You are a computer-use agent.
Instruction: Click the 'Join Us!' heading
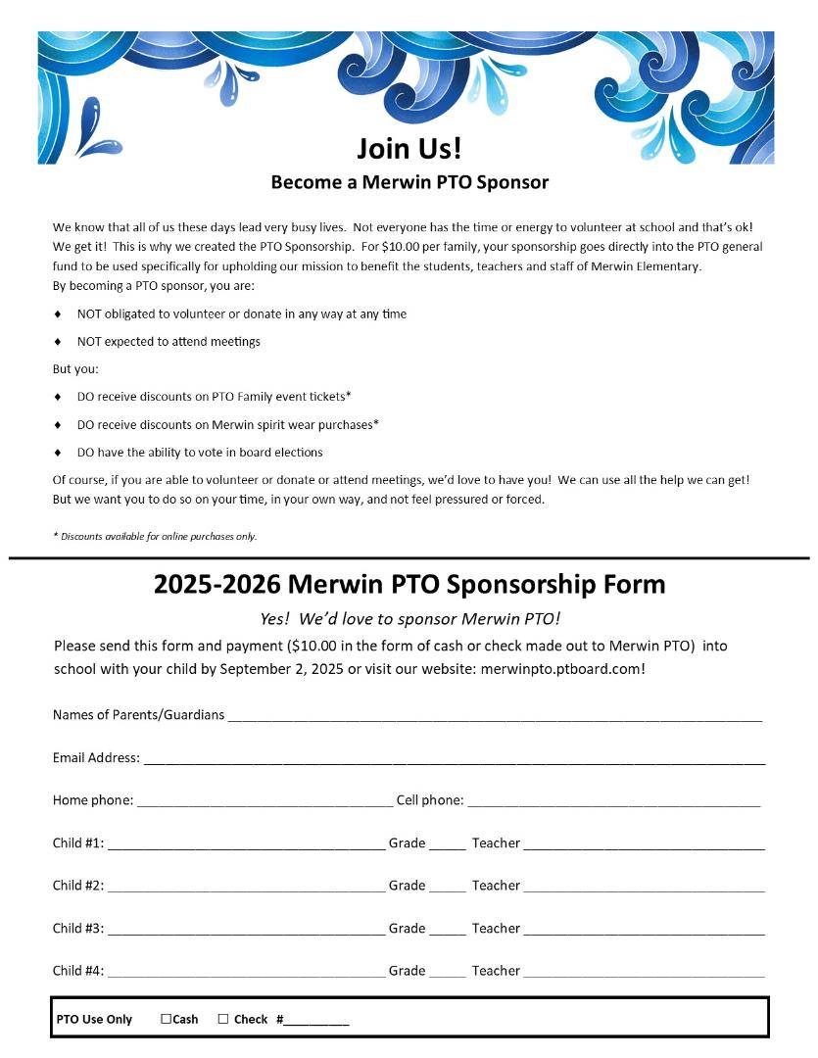(x=409, y=149)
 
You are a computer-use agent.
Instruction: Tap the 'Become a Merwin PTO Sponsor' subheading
(x=409, y=182)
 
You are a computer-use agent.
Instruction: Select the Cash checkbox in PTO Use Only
(x=166, y=1019)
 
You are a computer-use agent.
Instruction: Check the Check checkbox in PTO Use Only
(x=223, y=1019)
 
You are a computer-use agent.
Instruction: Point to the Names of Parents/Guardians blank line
(x=495, y=718)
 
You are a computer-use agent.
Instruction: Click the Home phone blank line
(x=265, y=803)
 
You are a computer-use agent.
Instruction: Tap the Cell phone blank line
(x=613, y=803)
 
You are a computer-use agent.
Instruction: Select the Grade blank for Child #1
(x=448, y=846)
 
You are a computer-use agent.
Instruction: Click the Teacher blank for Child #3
(x=644, y=932)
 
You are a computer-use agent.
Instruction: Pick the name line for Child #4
(x=245, y=975)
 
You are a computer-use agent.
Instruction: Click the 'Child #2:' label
(x=78, y=886)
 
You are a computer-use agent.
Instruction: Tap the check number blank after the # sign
(x=316, y=1022)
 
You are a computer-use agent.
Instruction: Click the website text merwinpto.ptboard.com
(x=562, y=669)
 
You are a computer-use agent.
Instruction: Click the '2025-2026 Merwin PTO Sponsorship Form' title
(x=409, y=585)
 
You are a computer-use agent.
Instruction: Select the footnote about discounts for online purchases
(x=155, y=536)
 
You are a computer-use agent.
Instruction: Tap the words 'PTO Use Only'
(x=94, y=1020)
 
